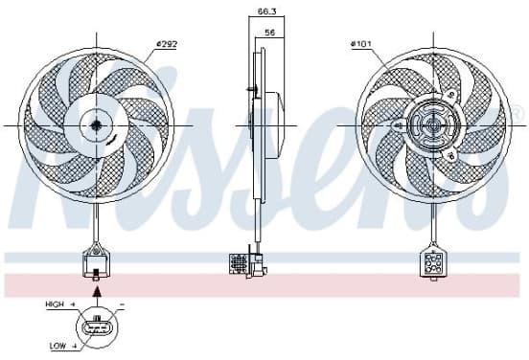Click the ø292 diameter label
click(167, 44)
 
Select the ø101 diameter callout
click(361, 44)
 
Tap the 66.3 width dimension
click(266, 11)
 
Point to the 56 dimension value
click(270, 33)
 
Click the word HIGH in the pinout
click(55, 304)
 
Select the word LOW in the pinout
click(58, 346)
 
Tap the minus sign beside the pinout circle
click(122, 304)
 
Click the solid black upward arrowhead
click(97, 292)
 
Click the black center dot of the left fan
click(96, 125)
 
